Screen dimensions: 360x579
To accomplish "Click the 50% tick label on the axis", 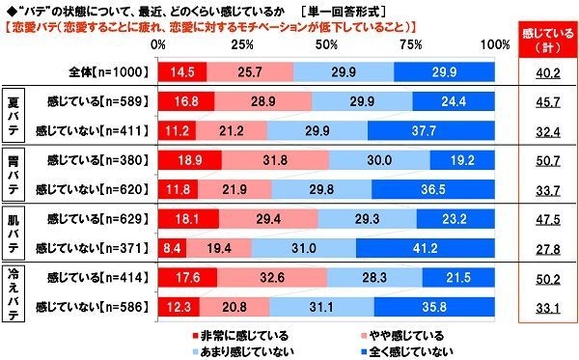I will tap(327, 44).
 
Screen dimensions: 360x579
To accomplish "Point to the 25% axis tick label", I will tap(243, 44).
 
